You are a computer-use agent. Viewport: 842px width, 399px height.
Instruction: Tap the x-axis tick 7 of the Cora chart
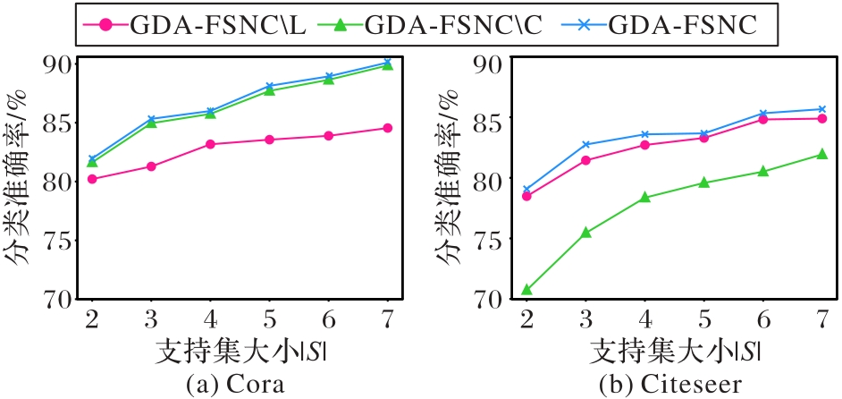click(x=387, y=319)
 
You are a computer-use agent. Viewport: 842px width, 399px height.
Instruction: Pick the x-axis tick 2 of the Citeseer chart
click(x=526, y=319)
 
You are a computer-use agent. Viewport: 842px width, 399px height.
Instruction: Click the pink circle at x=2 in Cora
click(x=92, y=179)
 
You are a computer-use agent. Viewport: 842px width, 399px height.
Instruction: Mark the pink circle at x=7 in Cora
click(x=387, y=128)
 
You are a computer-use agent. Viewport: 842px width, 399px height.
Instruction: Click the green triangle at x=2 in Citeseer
click(x=526, y=290)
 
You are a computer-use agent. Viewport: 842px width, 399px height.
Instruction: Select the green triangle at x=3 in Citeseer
click(x=585, y=233)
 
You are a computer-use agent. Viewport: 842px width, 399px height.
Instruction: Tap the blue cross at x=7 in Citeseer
click(x=822, y=109)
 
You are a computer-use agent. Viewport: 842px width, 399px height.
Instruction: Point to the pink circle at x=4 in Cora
click(x=210, y=144)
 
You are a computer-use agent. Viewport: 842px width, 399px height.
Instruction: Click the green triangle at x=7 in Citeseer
click(x=822, y=155)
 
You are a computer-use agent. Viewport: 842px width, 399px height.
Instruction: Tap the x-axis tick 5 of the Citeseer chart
click(x=703, y=319)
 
